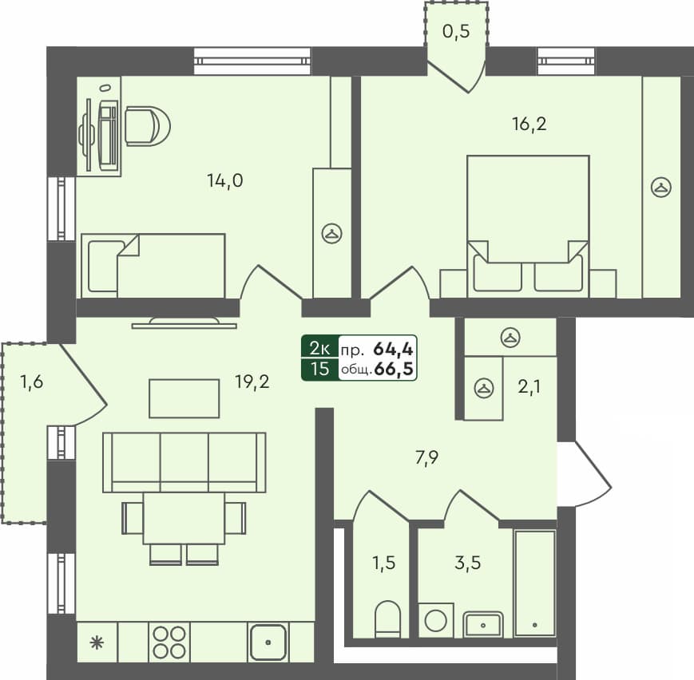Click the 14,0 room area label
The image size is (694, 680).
(224, 181)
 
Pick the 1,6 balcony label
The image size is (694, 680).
(32, 382)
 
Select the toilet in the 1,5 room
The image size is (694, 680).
(388, 619)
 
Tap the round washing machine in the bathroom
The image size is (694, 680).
(437, 620)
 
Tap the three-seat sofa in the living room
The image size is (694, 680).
(184, 462)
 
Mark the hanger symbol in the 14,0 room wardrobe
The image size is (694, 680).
(331, 233)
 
